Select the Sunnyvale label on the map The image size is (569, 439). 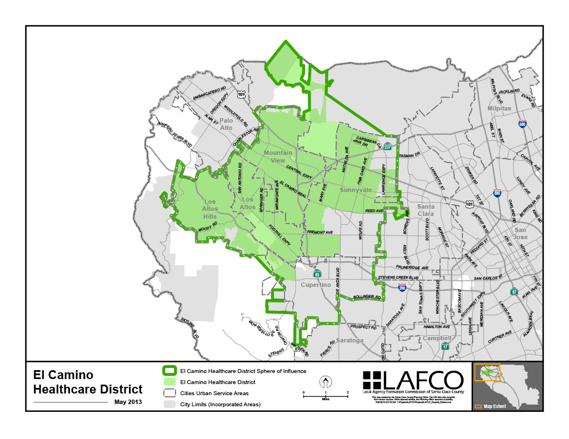click(356, 190)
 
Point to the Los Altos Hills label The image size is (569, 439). click(211, 209)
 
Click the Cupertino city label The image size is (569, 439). click(316, 285)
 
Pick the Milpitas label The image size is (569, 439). click(499, 108)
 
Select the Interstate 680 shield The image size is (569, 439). click(522, 125)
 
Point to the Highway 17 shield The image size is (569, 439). click(445, 346)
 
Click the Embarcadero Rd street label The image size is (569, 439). click(211, 93)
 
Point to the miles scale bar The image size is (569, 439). click(325, 393)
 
